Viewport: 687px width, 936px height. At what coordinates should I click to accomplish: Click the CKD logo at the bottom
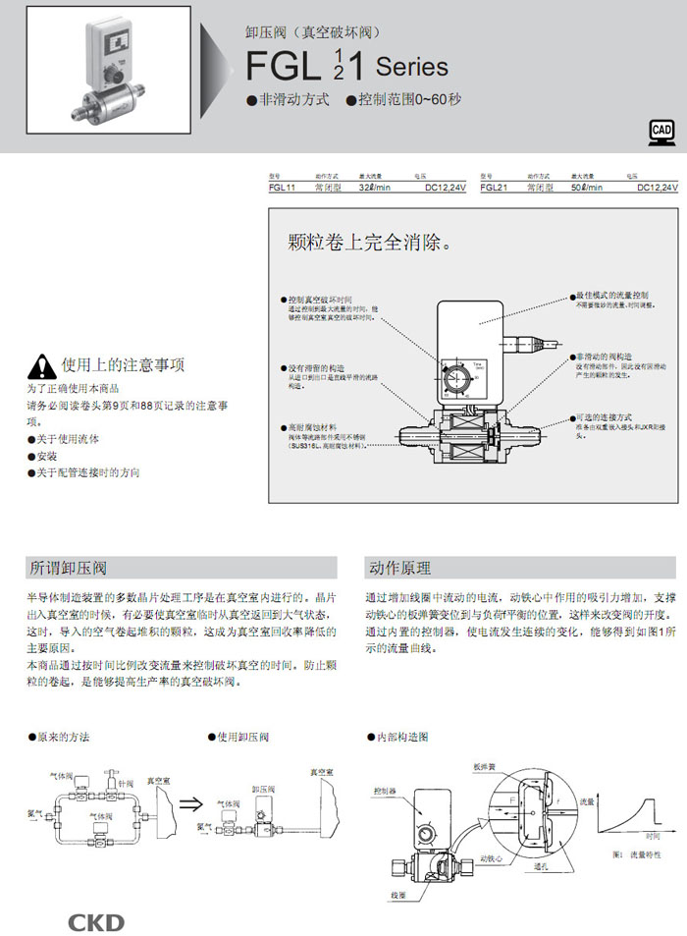click(95, 921)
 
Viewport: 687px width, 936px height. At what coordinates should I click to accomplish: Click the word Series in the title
click(412, 67)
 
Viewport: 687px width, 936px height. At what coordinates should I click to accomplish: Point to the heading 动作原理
click(399, 568)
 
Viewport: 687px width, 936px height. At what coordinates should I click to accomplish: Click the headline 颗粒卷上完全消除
click(368, 242)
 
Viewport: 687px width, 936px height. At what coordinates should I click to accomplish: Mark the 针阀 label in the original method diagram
click(126, 785)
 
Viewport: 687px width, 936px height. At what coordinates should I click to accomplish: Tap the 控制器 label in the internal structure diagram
click(385, 790)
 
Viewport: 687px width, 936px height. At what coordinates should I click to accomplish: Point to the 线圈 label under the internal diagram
click(397, 896)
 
